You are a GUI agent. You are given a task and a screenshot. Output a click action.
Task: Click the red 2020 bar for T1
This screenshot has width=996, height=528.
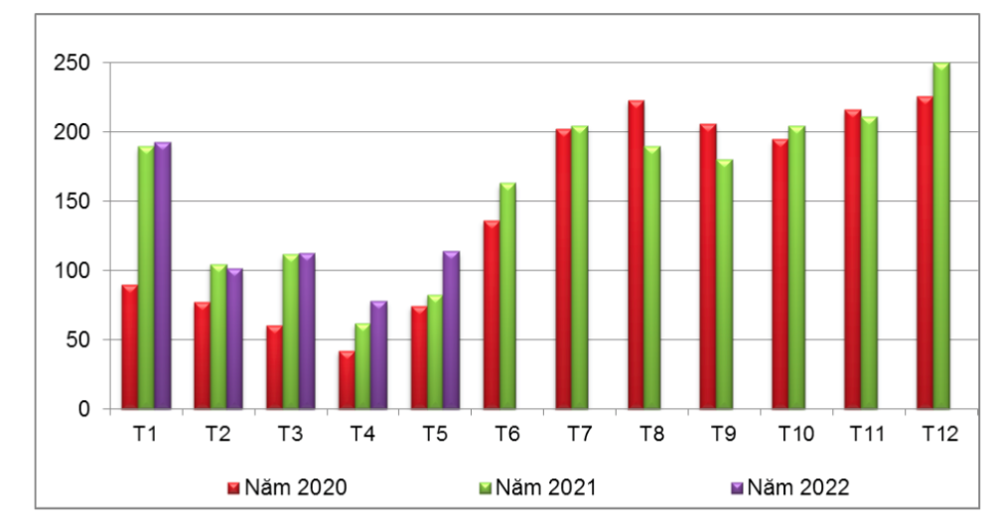(x=129, y=346)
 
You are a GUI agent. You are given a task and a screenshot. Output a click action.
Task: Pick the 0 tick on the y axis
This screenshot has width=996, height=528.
(x=85, y=409)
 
